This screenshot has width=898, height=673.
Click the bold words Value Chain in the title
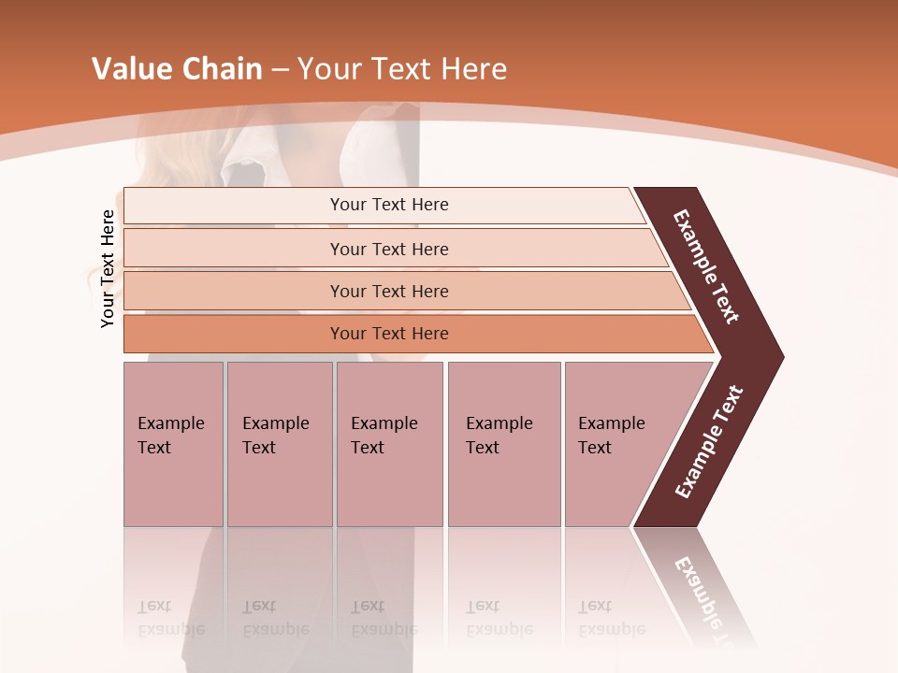coord(177,69)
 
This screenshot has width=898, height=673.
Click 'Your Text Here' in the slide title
coord(402,69)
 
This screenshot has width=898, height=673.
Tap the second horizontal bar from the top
coord(389,249)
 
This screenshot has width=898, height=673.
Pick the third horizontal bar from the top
coord(389,291)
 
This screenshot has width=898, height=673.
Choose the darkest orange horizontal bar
coord(389,334)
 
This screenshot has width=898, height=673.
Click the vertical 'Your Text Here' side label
coord(108,268)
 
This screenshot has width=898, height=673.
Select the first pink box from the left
coord(173,444)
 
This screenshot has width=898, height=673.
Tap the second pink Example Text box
coord(279,444)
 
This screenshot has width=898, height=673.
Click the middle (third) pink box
coord(389,444)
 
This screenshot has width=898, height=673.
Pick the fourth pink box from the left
coord(503,444)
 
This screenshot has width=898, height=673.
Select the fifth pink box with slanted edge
coord(617,444)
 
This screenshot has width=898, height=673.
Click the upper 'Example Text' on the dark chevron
coord(706,266)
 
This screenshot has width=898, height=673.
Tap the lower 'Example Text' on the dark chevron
coord(708,442)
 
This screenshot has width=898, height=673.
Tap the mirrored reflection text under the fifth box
coord(611,618)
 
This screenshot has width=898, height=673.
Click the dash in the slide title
coord(280,70)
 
